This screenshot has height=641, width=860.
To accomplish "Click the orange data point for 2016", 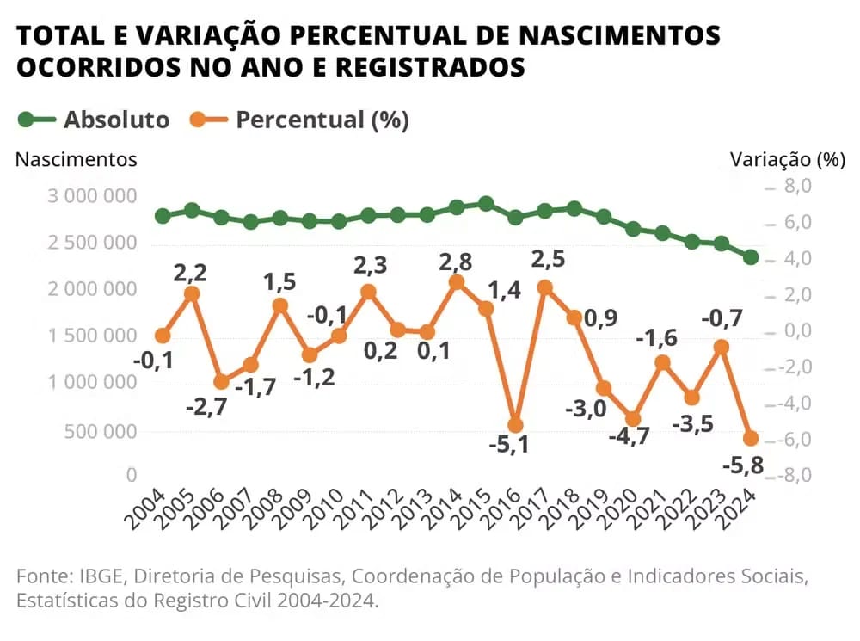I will pyautogui.click(x=515, y=425).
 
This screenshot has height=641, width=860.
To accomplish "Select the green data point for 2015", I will pyautogui.click(x=486, y=204).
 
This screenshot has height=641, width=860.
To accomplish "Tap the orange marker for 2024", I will pyautogui.click(x=750, y=438).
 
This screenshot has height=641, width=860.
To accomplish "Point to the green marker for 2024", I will pyautogui.click(x=750, y=257).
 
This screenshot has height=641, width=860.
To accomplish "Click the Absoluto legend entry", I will pyautogui.click(x=116, y=120).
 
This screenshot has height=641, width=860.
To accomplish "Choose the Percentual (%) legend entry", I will pyautogui.click(x=322, y=120).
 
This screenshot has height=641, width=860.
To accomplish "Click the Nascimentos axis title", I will pyautogui.click(x=77, y=159).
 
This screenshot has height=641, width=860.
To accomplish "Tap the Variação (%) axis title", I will pyautogui.click(x=788, y=159).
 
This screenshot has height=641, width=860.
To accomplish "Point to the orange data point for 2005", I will pyautogui.click(x=192, y=294).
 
